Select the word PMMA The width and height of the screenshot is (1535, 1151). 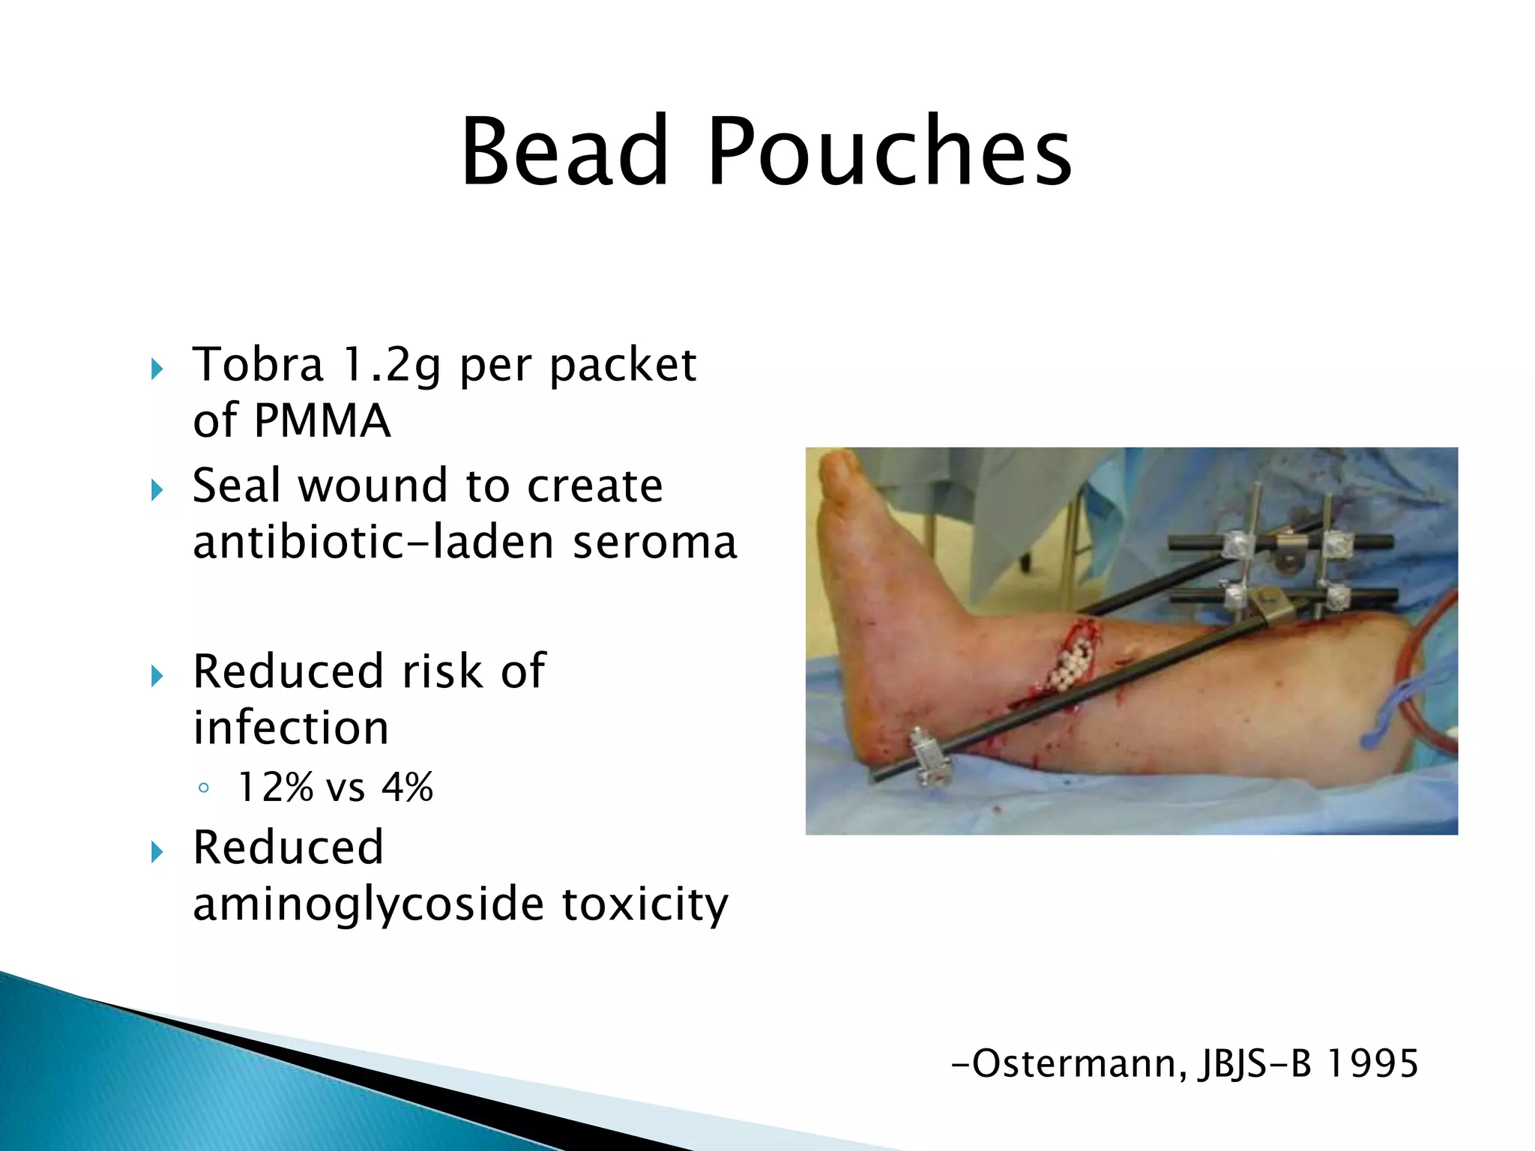pos(322,421)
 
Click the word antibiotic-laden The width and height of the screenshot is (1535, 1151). pos(373,543)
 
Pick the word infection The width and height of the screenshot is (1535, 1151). pos(291,728)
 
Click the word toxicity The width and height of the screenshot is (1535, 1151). pos(645,904)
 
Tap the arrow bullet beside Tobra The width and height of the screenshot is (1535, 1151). pos(157,369)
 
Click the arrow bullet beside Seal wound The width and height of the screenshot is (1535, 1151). pos(157,490)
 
